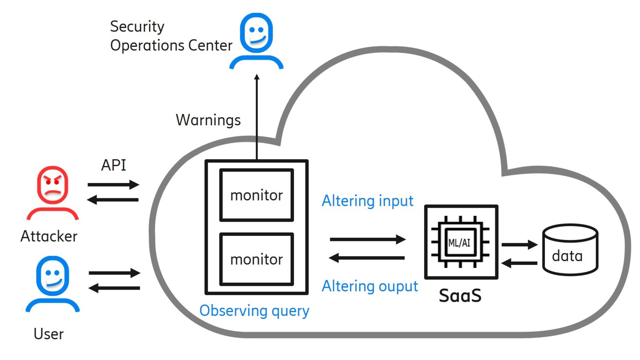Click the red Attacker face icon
tap(52, 186)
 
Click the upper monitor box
tap(256, 195)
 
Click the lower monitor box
tap(256, 259)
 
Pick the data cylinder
tap(570, 250)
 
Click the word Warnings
tap(208, 120)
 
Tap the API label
tap(113, 165)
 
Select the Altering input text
tap(367, 200)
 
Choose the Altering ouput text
tap(369, 286)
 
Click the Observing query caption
tap(254, 311)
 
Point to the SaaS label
tap(460, 296)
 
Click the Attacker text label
tap(49, 236)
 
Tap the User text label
tap(49, 334)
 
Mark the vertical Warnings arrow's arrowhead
tap(257, 77)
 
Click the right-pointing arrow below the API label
tap(113, 185)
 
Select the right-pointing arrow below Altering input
tap(367, 239)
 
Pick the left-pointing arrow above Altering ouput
tap(367, 258)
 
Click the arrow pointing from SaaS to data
tap(519, 245)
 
